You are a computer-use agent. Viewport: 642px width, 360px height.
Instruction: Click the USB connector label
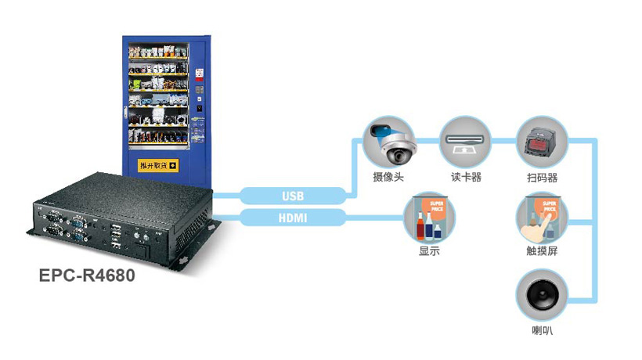click(293, 196)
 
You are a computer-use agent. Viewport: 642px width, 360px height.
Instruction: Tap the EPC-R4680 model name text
click(87, 275)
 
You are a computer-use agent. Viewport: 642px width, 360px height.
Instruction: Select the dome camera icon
click(388, 142)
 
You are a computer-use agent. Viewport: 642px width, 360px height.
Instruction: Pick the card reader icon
click(466, 142)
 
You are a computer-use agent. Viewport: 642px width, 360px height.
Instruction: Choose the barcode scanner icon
click(542, 142)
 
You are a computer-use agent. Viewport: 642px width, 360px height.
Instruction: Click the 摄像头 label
click(388, 177)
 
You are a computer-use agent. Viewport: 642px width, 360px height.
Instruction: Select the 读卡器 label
click(466, 177)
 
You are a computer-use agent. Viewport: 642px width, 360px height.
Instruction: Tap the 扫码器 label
click(542, 177)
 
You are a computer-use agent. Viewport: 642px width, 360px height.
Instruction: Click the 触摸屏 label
click(542, 252)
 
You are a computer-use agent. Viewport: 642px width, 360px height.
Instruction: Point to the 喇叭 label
click(542, 331)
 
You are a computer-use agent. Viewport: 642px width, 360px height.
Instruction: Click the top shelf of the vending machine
click(159, 52)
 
